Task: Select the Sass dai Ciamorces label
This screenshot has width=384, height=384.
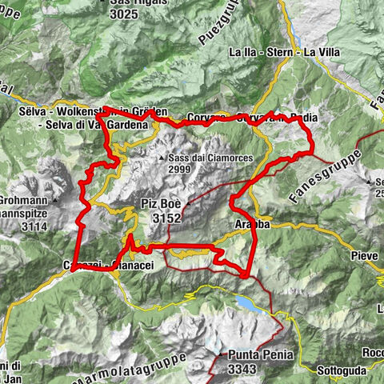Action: (210, 158)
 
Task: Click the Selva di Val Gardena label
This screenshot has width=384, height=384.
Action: (94, 124)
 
